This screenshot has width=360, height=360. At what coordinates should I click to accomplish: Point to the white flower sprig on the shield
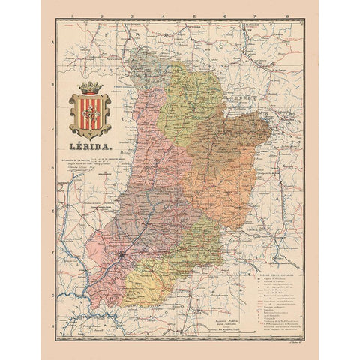(89, 112)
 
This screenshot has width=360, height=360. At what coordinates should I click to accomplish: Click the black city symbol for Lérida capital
(122, 259)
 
